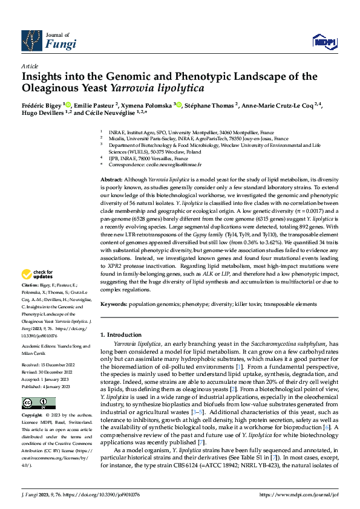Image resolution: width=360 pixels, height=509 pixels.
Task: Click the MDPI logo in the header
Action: click(324, 41)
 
